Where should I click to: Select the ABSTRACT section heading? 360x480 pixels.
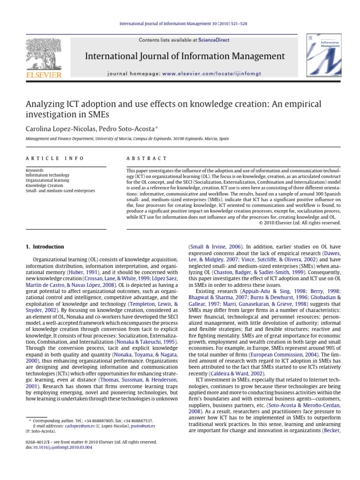(147, 159)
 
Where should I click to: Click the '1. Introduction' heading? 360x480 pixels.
(45, 247)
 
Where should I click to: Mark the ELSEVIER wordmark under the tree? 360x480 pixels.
(43, 75)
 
